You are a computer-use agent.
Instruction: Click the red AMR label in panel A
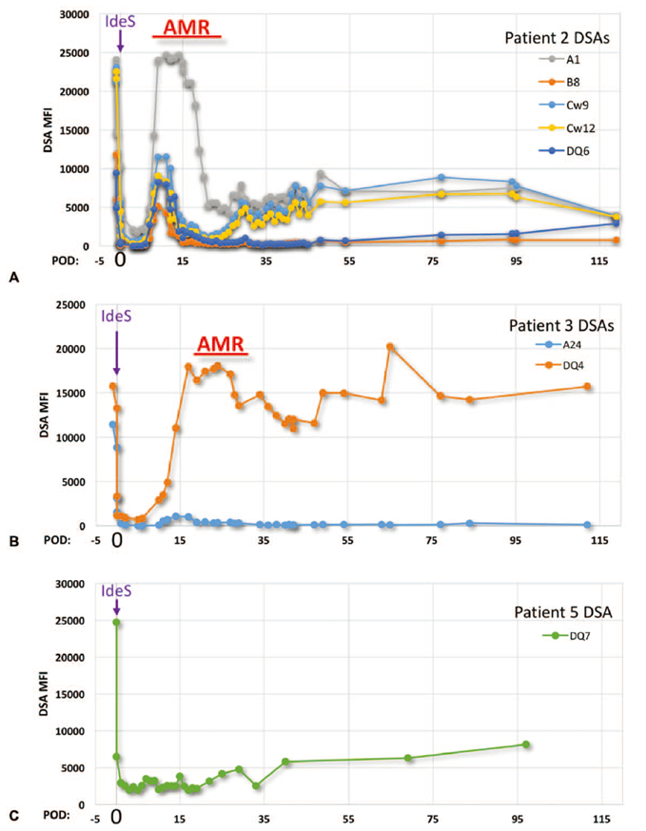coord(186,29)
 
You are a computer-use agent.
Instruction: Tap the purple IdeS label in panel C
coord(116,590)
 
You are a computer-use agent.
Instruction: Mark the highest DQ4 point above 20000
coord(390,346)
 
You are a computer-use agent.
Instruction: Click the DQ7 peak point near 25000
coord(116,623)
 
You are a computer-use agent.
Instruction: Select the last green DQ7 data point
coord(525,744)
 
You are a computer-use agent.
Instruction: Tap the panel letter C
coord(13,815)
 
